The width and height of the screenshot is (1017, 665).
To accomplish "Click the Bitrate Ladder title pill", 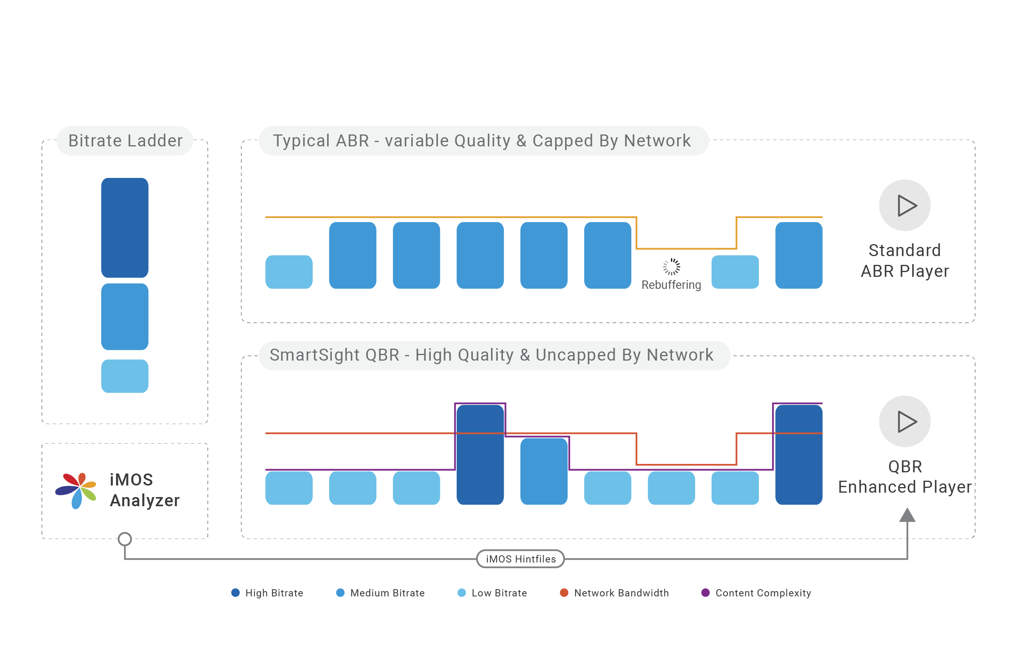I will pyautogui.click(x=125, y=140).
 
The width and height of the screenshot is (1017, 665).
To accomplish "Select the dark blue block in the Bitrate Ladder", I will pyautogui.click(x=125, y=228).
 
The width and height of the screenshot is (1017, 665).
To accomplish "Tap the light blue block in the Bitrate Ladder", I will pyautogui.click(x=125, y=376).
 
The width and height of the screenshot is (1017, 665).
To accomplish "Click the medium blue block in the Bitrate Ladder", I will pyautogui.click(x=125, y=317).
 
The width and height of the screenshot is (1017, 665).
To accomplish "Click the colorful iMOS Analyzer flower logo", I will pyautogui.click(x=77, y=490).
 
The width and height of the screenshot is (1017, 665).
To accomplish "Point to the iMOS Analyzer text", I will pyautogui.click(x=144, y=490).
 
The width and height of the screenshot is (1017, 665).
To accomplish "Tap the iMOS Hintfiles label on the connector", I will pyautogui.click(x=520, y=559).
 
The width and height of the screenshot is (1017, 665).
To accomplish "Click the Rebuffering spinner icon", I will pyautogui.click(x=671, y=267).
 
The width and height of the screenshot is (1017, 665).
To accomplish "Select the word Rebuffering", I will pyautogui.click(x=671, y=285).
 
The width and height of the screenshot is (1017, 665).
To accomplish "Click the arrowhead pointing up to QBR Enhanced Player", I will pyautogui.click(x=907, y=515).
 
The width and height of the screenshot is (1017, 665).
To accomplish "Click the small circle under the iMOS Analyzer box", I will pyautogui.click(x=125, y=539).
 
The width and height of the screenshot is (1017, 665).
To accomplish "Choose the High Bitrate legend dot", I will pyautogui.click(x=235, y=593).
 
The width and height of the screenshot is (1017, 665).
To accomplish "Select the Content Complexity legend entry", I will pyautogui.click(x=756, y=593).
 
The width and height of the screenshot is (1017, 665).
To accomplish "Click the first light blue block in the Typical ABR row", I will pyautogui.click(x=289, y=272).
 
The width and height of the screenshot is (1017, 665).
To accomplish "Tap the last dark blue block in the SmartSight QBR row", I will pyautogui.click(x=798, y=455).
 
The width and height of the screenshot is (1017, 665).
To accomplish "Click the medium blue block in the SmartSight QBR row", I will pyautogui.click(x=544, y=472).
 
